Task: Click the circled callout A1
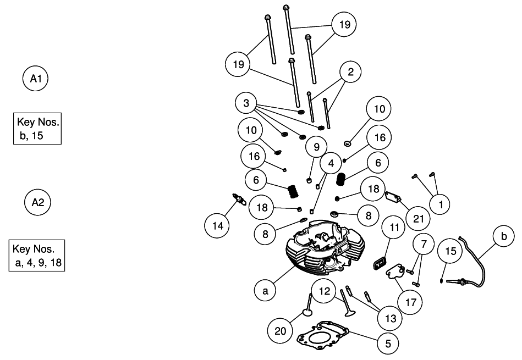tap(36, 79)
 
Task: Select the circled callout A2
tap(38, 202)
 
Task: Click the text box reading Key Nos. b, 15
tap(37, 129)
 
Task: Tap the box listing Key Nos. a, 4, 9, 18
tap(37, 256)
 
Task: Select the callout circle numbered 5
tap(388, 344)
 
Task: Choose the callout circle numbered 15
tap(451, 251)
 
